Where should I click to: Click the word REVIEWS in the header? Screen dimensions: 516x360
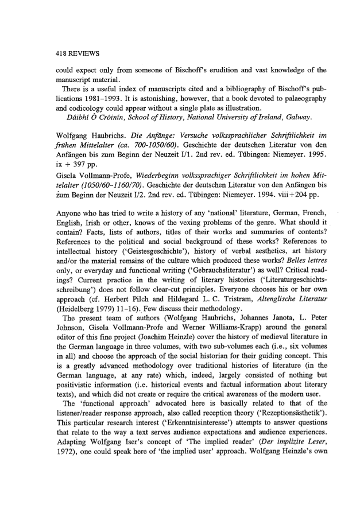83,53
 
